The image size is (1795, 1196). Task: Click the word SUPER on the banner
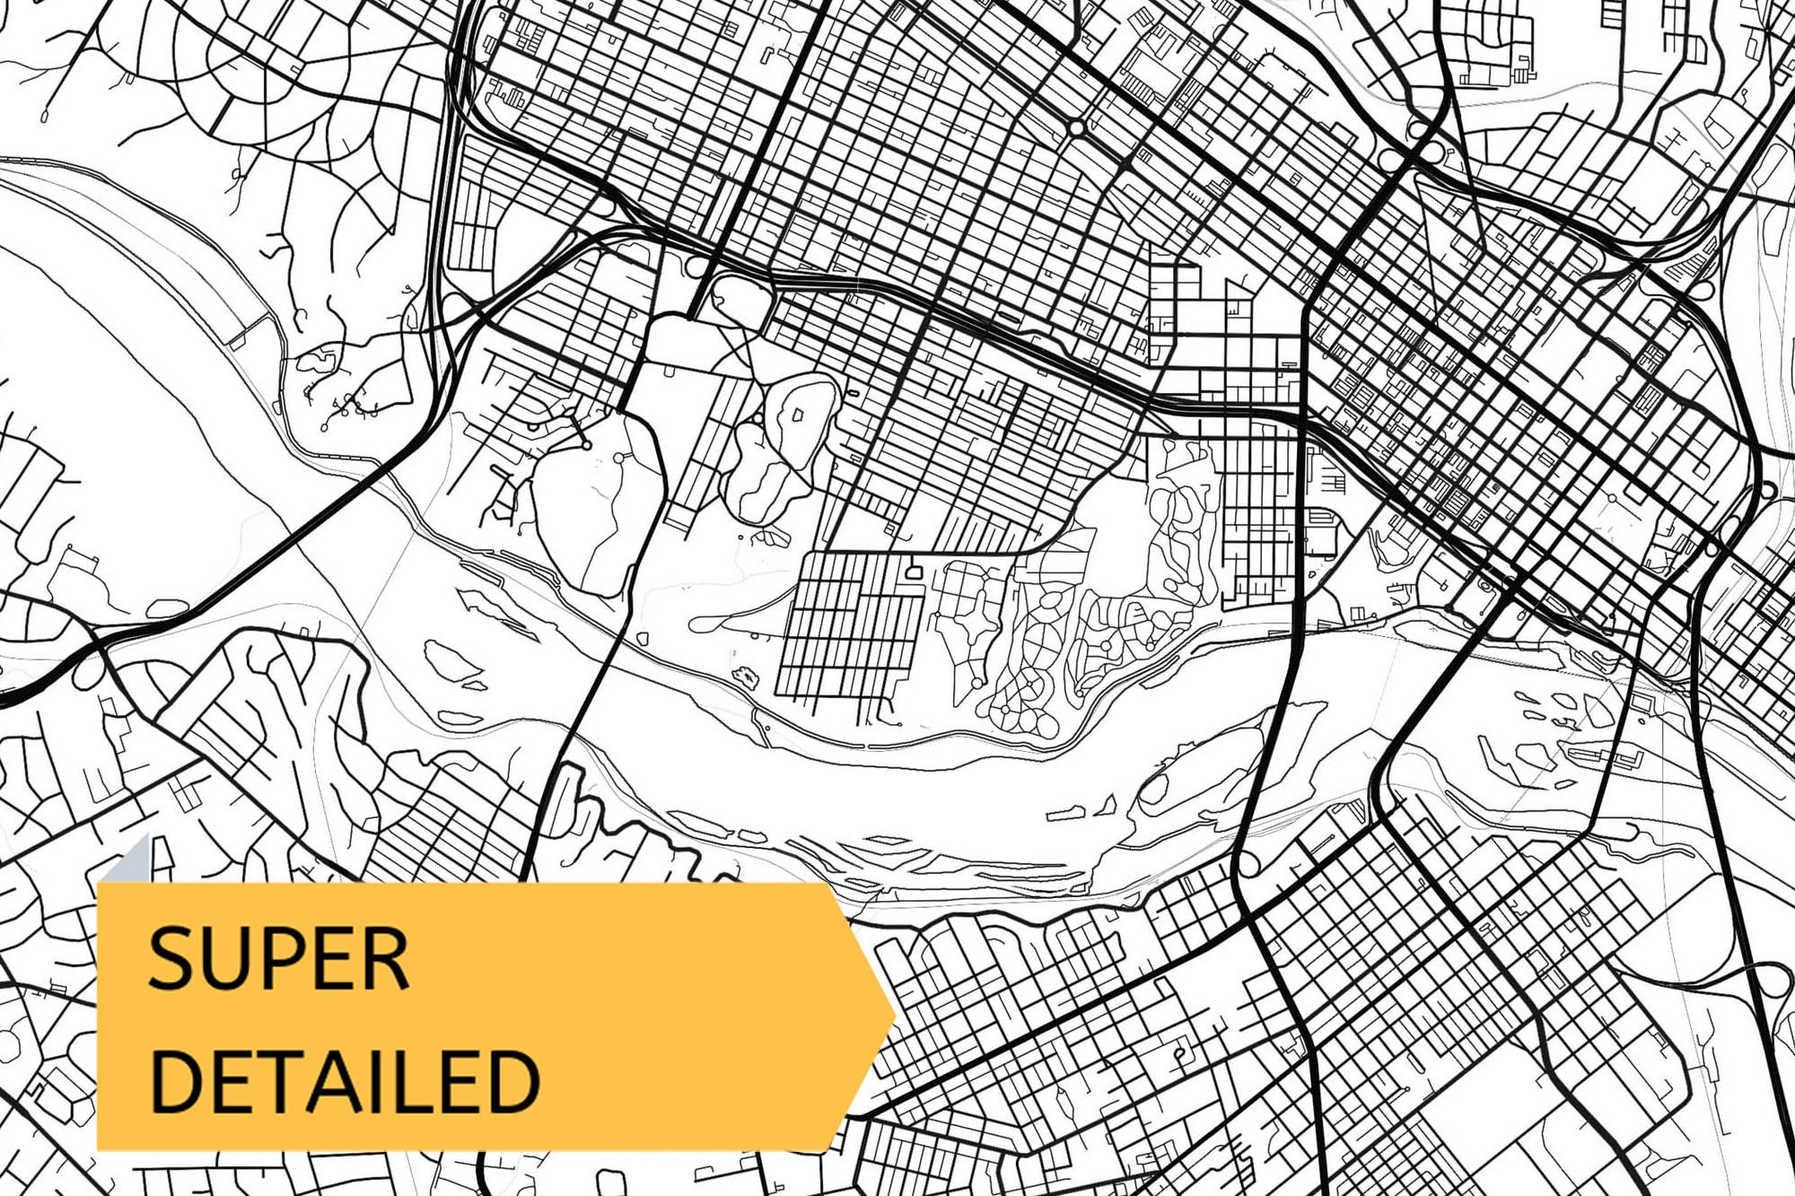point(278,959)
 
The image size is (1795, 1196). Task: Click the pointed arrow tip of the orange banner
point(892,1015)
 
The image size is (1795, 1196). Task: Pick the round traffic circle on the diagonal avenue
point(1076,127)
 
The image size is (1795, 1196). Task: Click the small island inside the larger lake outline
point(796,415)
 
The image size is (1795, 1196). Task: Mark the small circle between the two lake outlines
point(759,419)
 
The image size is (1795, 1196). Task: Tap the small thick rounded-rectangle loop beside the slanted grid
point(915,571)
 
